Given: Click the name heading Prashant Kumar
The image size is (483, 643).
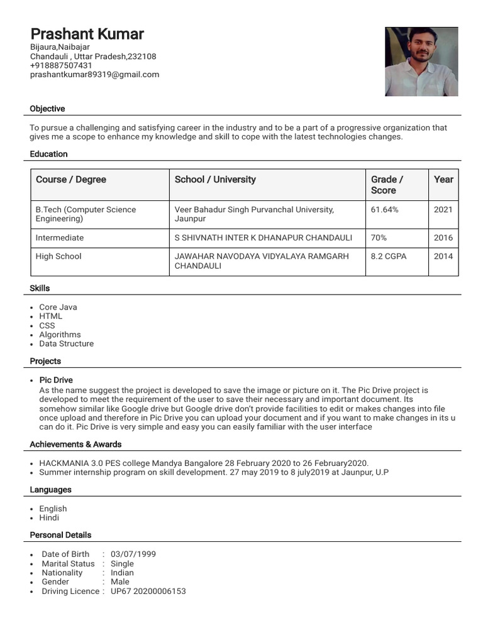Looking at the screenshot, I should [87, 34].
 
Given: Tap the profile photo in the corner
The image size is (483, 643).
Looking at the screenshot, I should [421, 62].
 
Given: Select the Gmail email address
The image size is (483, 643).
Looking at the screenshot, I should [94, 74].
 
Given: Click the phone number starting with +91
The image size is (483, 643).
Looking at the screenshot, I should [61, 65].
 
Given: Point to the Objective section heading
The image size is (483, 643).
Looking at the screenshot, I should [47, 109].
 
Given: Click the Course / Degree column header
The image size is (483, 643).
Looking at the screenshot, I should [71, 180].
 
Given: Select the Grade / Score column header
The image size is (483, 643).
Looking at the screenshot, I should [387, 185].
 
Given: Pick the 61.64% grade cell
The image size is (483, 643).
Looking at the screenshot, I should [384, 210].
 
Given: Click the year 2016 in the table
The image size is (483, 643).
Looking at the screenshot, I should [443, 238].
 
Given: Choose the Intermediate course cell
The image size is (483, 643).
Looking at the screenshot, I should [60, 238].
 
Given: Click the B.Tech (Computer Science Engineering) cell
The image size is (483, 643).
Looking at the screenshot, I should [86, 214].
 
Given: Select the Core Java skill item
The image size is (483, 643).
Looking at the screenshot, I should [58, 307].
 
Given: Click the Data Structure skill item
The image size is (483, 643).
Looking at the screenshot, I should [66, 343].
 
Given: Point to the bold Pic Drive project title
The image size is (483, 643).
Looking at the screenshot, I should [56, 380].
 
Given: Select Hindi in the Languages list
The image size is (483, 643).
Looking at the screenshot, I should [49, 517].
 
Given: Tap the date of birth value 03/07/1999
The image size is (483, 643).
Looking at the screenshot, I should [133, 554].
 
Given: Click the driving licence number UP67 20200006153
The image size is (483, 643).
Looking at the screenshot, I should [148, 591].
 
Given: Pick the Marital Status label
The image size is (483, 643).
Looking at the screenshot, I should [68, 563].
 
